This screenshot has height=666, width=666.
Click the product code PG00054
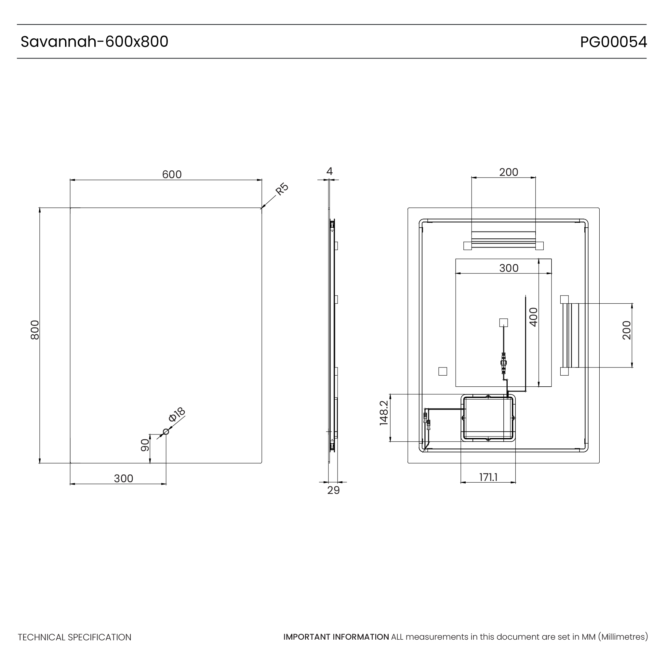click(x=613, y=42)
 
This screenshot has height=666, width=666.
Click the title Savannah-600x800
click(x=94, y=42)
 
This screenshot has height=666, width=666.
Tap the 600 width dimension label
click(x=172, y=174)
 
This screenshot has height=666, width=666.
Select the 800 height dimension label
click(x=35, y=330)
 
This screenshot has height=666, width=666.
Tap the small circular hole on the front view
click(x=166, y=432)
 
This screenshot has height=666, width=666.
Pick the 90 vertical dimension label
click(x=145, y=446)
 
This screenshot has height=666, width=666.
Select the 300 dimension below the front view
click(x=123, y=478)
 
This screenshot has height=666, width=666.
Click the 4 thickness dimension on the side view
click(x=329, y=171)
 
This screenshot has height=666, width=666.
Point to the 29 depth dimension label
click(x=333, y=490)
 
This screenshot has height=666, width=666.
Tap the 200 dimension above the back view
click(x=509, y=172)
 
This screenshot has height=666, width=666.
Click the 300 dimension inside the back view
click(x=509, y=268)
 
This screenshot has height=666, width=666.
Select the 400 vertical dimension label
click(x=533, y=317)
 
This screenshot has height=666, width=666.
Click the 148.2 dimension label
click(x=384, y=413)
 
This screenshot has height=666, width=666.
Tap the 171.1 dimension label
click(x=488, y=477)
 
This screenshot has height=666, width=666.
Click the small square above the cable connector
click(x=503, y=323)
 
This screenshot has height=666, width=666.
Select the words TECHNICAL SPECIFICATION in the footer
click(x=74, y=637)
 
